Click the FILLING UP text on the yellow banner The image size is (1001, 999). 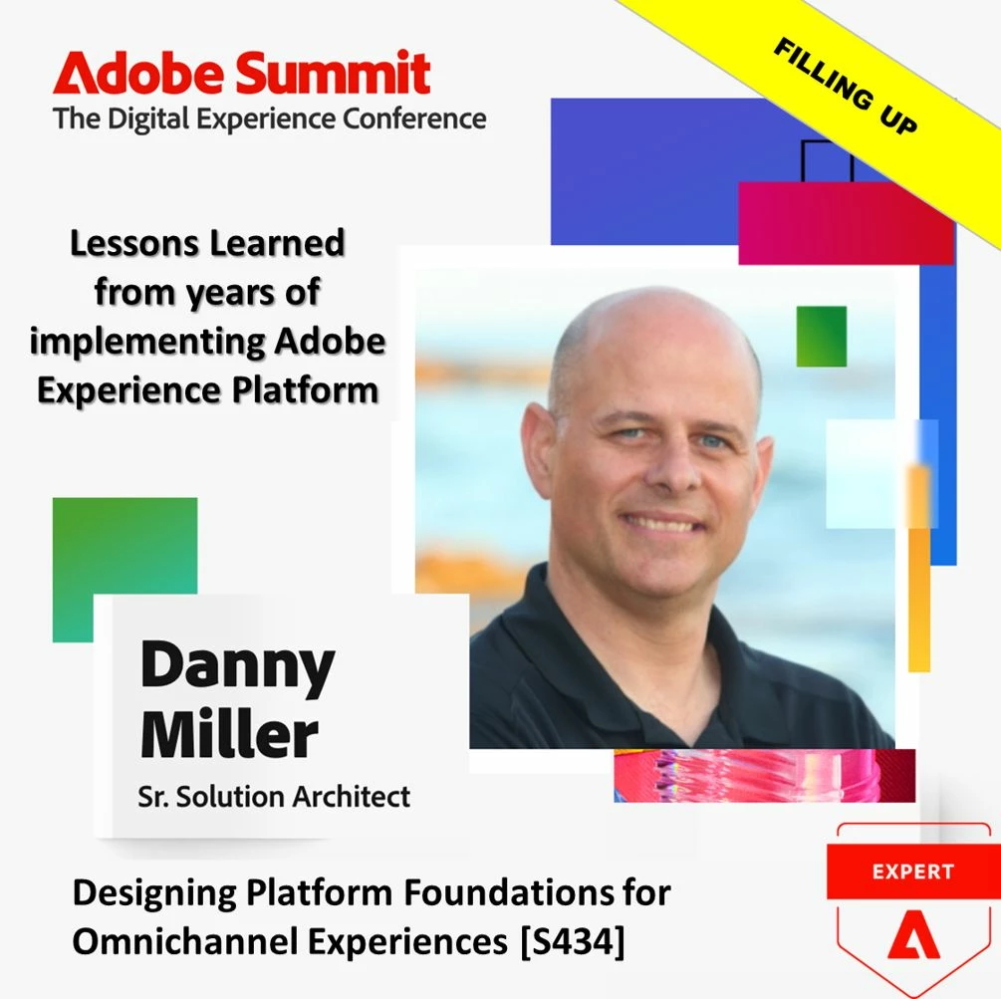846,87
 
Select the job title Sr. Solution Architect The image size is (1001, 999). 274,797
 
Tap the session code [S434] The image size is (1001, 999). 573,941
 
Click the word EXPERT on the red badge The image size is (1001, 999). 913,872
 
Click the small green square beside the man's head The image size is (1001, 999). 822,337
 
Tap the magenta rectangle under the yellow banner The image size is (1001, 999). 846,223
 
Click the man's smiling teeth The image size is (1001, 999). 662,525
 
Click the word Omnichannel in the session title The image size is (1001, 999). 189,941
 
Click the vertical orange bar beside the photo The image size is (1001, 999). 919,568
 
